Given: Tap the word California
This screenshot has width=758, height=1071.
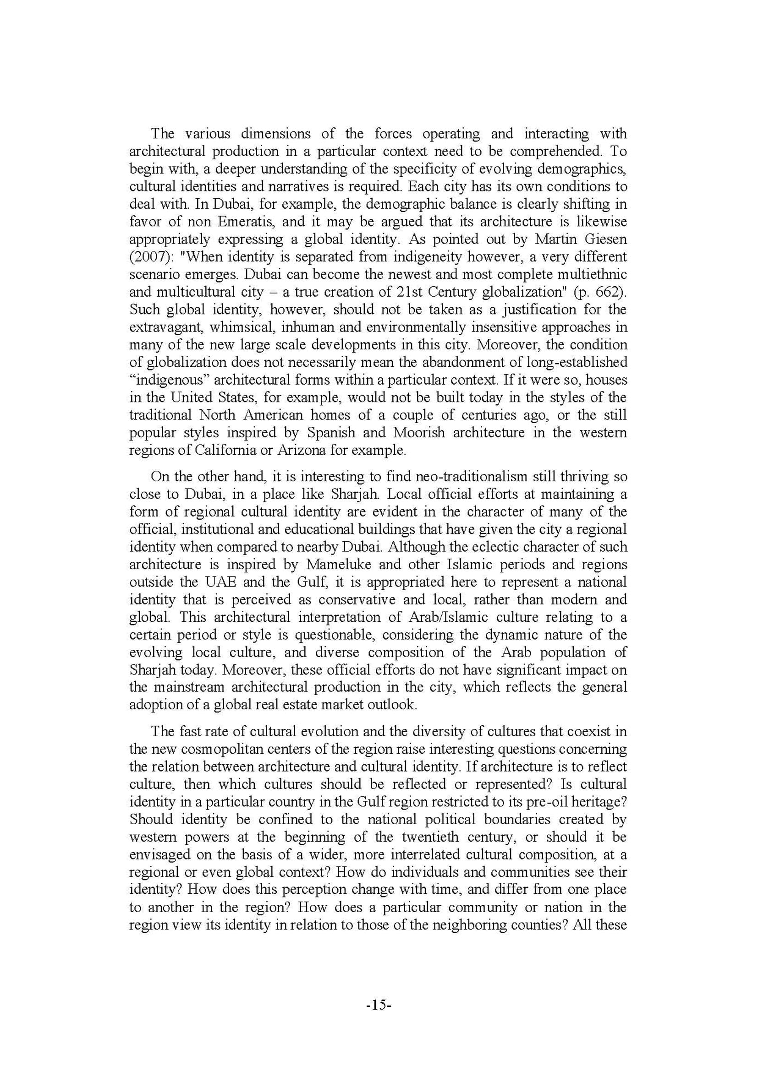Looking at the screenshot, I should pos(230,450).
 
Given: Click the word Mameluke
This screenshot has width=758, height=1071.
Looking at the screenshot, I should pos(338,565).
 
